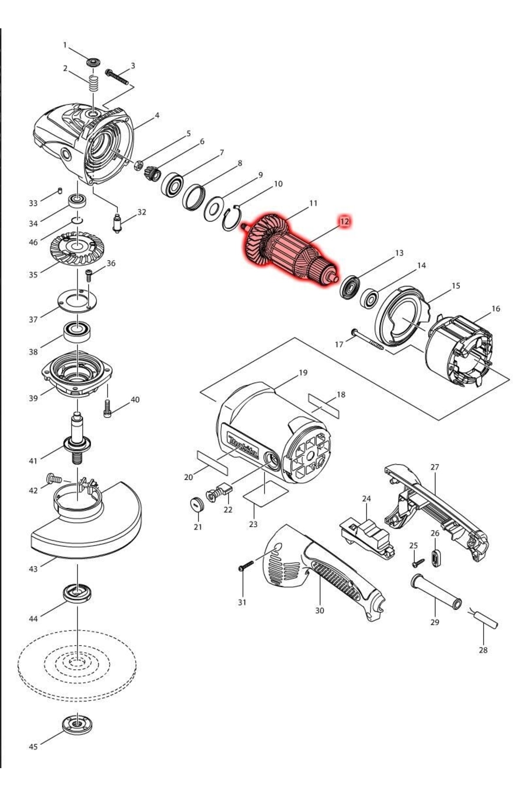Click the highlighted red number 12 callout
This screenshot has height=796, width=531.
click(x=344, y=221)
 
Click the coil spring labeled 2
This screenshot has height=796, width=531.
click(x=93, y=83)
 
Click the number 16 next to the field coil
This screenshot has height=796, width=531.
click(x=496, y=308)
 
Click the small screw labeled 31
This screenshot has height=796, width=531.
click(x=246, y=566)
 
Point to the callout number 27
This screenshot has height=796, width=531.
click(x=435, y=467)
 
